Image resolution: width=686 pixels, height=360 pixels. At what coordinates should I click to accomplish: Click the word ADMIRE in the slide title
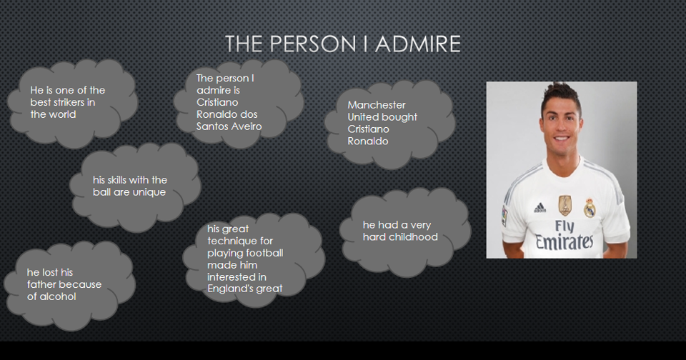click(x=418, y=44)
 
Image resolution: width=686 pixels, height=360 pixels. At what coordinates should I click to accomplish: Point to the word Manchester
click(x=377, y=105)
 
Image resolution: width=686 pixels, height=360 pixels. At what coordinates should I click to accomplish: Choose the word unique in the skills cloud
click(x=149, y=192)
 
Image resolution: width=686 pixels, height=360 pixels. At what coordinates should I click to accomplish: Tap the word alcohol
click(x=59, y=296)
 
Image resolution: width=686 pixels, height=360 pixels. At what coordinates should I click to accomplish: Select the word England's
click(x=234, y=289)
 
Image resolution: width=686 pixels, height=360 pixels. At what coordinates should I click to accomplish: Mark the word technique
click(x=230, y=241)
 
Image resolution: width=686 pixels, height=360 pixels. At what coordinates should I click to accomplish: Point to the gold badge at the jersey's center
click(x=565, y=206)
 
